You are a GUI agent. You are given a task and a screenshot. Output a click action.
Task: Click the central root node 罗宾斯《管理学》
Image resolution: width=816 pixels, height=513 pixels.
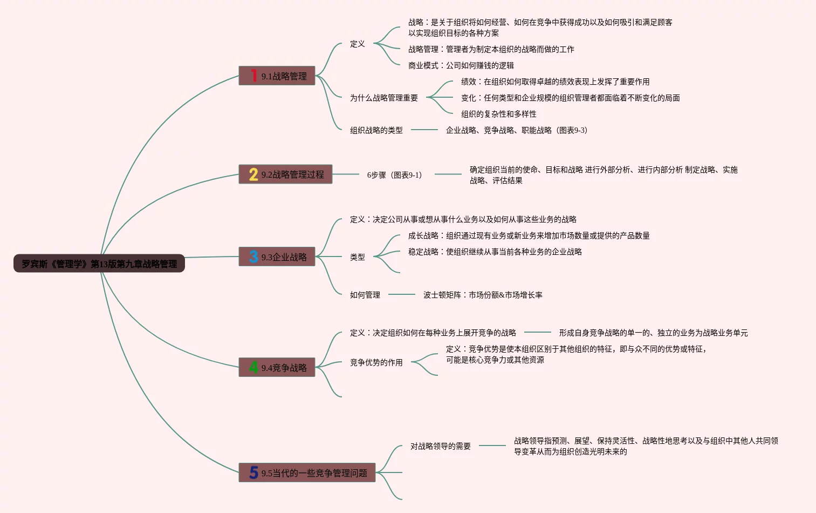tap(99, 264)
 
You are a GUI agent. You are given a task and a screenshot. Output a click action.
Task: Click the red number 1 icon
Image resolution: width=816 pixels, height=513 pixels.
tap(253, 76)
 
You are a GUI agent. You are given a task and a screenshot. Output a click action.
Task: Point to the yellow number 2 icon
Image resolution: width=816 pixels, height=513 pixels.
tap(253, 174)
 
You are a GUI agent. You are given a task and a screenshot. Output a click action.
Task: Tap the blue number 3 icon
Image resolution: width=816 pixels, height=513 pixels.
tap(253, 256)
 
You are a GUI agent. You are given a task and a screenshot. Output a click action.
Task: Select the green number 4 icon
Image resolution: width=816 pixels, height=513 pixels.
tap(253, 367)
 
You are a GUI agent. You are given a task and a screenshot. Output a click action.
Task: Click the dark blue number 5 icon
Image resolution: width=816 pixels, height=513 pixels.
tap(253, 473)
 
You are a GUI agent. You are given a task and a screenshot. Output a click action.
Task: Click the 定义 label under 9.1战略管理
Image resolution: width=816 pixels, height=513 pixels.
tap(358, 44)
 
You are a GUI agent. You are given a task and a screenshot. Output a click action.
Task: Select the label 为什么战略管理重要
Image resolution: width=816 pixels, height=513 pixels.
tap(384, 98)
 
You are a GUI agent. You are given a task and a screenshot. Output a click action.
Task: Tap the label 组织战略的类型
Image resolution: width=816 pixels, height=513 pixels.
tap(376, 130)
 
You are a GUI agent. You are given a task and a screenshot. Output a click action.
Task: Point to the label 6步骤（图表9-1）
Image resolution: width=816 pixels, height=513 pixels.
tap(395, 175)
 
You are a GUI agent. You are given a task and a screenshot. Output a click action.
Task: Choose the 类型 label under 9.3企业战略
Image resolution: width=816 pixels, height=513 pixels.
tap(358, 257)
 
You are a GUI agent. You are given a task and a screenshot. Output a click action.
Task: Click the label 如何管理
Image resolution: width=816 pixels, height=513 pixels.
tap(365, 295)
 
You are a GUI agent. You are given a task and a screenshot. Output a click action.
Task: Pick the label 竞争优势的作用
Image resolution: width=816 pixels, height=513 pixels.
tap(376, 362)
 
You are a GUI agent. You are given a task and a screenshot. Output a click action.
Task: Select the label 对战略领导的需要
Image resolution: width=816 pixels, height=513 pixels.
tap(441, 446)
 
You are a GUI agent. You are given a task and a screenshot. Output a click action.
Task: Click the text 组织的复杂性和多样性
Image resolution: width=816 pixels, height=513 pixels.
tap(499, 114)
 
